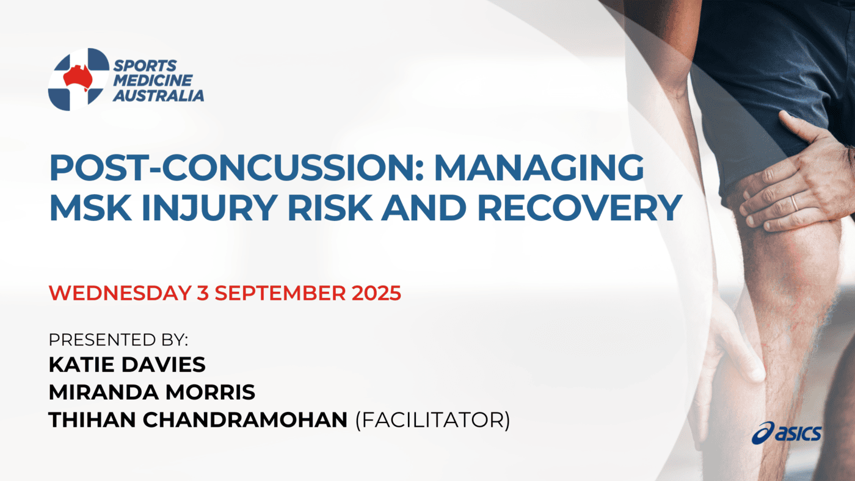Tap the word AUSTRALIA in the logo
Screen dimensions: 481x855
[x=158, y=95]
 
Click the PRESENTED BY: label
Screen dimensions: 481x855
[x=118, y=340]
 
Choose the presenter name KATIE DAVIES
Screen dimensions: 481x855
[x=127, y=365]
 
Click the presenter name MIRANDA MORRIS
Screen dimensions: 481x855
[x=151, y=392]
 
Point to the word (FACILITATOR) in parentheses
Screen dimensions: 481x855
[x=432, y=421]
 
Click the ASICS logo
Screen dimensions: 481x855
[x=787, y=433]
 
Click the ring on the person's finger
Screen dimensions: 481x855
[x=794, y=203]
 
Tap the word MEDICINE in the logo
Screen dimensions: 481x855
[x=152, y=80]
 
